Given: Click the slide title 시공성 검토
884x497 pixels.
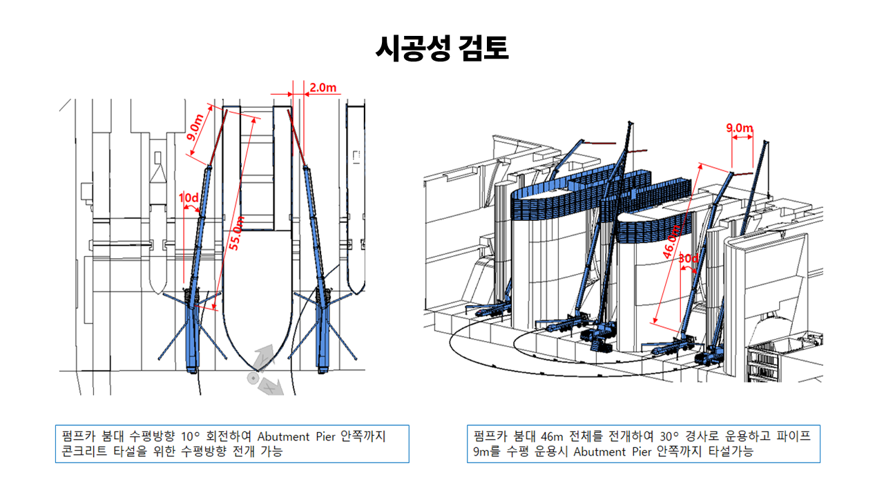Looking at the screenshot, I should pyautogui.click(x=442, y=49).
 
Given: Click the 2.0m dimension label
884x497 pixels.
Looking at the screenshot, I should pyautogui.click(x=323, y=87).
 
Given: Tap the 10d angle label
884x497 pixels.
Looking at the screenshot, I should pyautogui.click(x=189, y=198).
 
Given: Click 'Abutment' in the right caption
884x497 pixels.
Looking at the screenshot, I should pyautogui.click(x=602, y=453).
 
